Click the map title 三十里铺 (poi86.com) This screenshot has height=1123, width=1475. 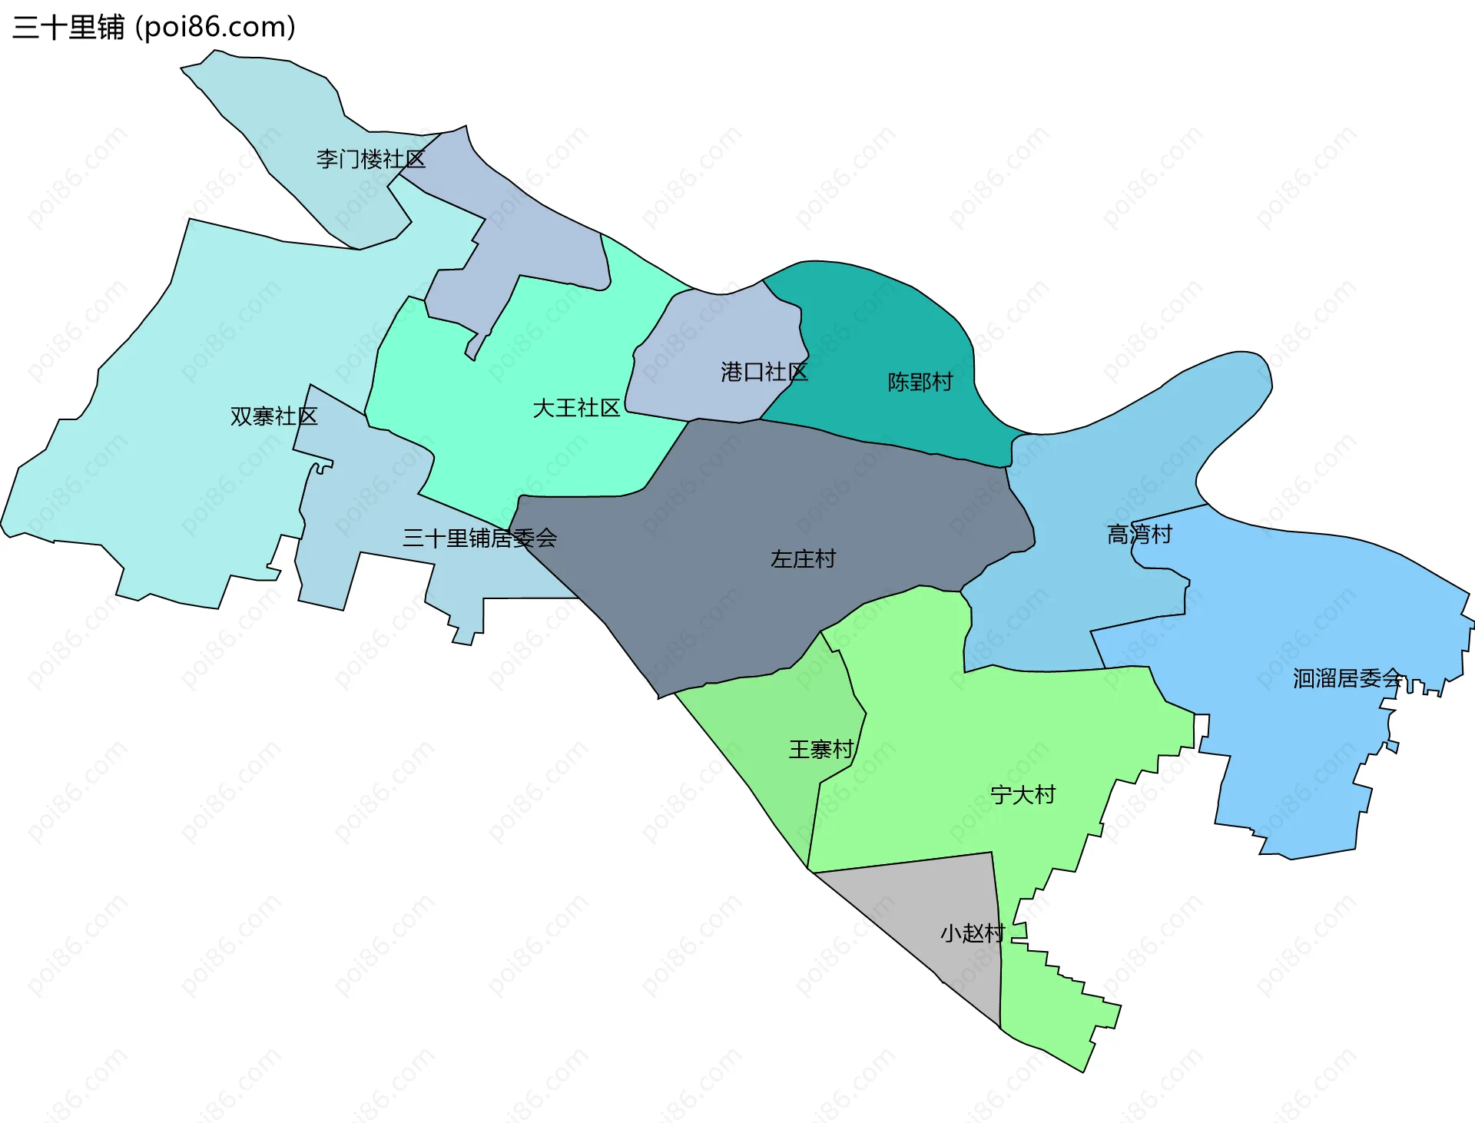(154, 28)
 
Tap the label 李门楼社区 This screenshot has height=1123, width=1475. (370, 159)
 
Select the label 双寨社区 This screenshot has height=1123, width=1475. (273, 416)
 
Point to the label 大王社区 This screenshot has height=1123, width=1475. (576, 408)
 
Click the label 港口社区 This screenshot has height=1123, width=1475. (764, 373)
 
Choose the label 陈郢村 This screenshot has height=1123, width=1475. (920, 382)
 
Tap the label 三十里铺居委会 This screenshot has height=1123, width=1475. (479, 538)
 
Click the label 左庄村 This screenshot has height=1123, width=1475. (803, 558)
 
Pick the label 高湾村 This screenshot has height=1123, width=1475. (1139, 534)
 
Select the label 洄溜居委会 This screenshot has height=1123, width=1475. (1347, 678)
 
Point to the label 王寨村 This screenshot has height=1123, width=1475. (820, 749)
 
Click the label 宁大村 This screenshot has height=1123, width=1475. (1023, 794)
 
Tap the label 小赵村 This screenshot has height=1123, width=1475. (973, 933)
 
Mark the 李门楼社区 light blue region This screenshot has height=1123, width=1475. (292, 108)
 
